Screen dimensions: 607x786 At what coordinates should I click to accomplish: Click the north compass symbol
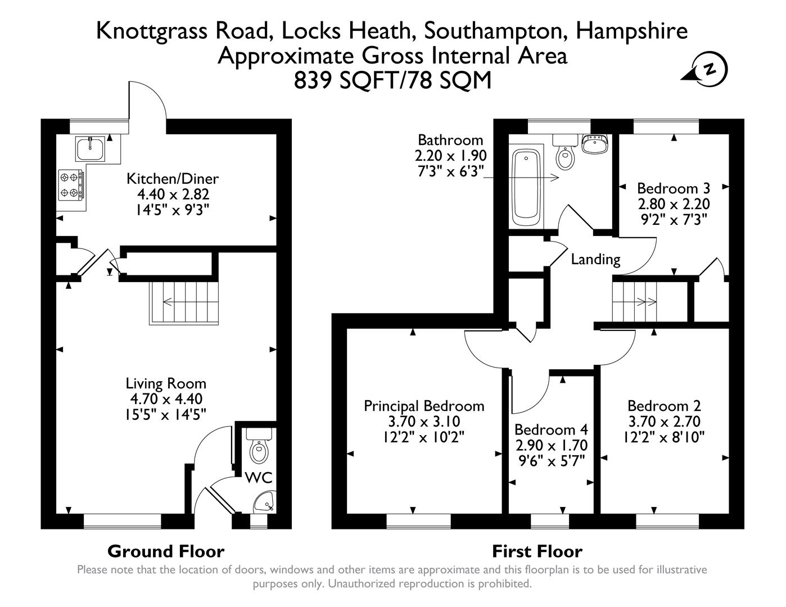710,70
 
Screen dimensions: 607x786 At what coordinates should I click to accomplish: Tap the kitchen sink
89,150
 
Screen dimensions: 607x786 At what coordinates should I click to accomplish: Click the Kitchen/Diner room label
172,179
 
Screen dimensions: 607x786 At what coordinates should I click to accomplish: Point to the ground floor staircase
183,302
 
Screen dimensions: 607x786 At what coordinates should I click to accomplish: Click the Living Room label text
166,384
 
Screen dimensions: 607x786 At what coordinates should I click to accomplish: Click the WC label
259,478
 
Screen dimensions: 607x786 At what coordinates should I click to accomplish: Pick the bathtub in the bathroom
526,183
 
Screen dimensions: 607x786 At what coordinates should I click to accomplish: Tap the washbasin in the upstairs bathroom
594,144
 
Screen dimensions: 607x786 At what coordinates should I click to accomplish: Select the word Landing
595,259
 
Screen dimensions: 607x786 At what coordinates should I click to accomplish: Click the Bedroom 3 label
673,188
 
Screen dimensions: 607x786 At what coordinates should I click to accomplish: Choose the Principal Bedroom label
424,406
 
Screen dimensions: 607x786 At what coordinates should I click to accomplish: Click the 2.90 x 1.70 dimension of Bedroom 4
551,446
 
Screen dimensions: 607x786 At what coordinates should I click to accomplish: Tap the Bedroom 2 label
664,406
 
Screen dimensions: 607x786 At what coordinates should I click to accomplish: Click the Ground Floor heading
166,551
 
